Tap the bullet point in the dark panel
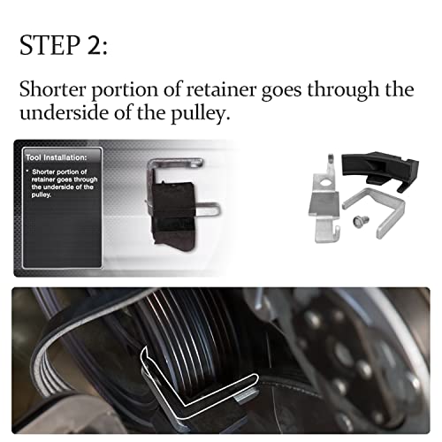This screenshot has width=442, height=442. pos(29,168)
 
